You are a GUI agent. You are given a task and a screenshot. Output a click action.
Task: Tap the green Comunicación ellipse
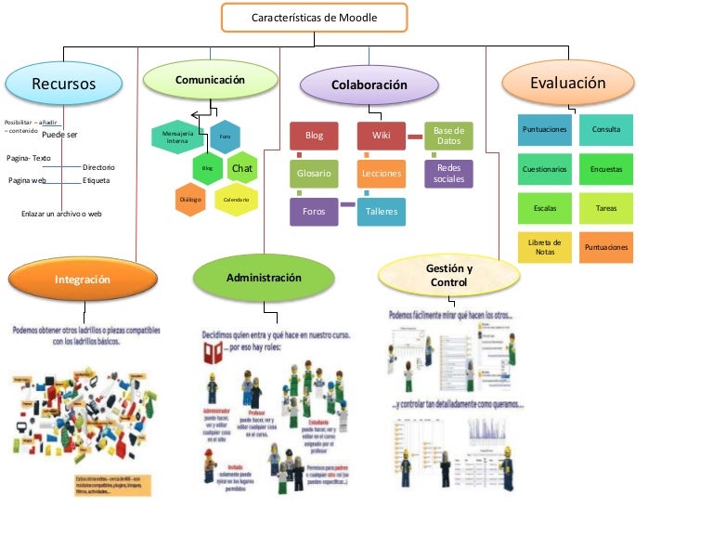click(x=209, y=81)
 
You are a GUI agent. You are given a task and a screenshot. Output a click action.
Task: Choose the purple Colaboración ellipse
click(x=369, y=85)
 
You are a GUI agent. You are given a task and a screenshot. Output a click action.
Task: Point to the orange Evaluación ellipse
click(x=567, y=84)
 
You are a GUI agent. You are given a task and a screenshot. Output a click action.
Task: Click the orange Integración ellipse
click(x=82, y=279)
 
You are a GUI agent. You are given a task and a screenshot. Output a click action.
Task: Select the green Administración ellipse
click(x=264, y=278)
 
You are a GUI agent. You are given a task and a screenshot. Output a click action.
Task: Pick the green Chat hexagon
click(x=241, y=168)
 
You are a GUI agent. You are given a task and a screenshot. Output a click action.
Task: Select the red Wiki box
click(x=381, y=136)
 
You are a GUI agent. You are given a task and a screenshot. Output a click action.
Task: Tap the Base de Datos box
click(x=448, y=136)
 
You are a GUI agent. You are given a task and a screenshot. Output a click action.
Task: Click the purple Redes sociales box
click(x=448, y=174)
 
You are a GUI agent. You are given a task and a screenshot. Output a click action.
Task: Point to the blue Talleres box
click(x=381, y=212)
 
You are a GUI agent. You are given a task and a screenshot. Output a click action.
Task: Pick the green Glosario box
click(x=314, y=174)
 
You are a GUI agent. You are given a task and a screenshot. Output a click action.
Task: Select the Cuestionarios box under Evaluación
click(x=545, y=169)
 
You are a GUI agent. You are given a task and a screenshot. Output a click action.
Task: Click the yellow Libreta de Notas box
click(x=545, y=247)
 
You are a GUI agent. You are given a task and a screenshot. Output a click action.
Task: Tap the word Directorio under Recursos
click(x=98, y=166)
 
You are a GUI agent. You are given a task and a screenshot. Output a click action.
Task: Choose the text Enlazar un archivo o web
click(x=61, y=214)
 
